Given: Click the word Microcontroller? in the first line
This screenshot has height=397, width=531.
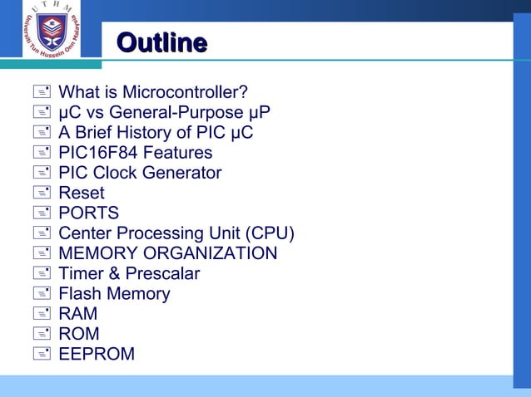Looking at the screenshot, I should tap(196, 91).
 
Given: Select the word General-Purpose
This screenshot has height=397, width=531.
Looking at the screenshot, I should tap(186, 112).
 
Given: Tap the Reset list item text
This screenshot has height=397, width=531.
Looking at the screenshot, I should tap(82, 194).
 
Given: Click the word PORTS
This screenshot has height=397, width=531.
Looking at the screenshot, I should tap(88, 213).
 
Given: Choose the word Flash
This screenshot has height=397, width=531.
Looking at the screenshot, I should tap(79, 293).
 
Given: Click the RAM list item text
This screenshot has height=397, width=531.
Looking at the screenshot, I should tap(77, 314).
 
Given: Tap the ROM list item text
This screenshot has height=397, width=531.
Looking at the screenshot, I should tap(79, 334).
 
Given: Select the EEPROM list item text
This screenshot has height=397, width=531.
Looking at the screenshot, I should tap(97, 354).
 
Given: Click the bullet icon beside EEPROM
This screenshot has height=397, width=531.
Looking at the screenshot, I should tap(42, 354).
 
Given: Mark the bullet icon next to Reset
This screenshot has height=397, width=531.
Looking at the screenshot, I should tap(42, 194).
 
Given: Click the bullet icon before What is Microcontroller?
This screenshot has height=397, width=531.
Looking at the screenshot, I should tap(42, 91).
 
